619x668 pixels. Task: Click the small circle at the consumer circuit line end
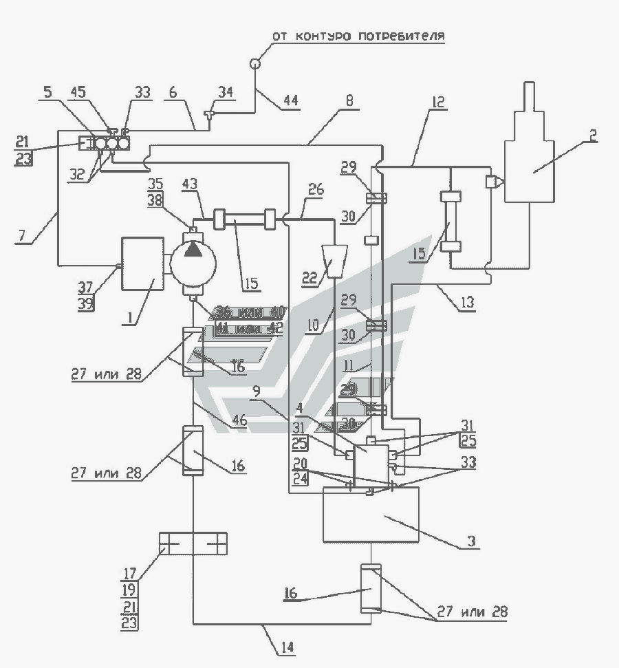coord(255,63)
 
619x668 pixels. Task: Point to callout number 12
coord(438,102)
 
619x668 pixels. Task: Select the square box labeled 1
coord(142,264)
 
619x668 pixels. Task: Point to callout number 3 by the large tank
coord(470,541)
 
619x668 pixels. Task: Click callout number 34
coord(226,91)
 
